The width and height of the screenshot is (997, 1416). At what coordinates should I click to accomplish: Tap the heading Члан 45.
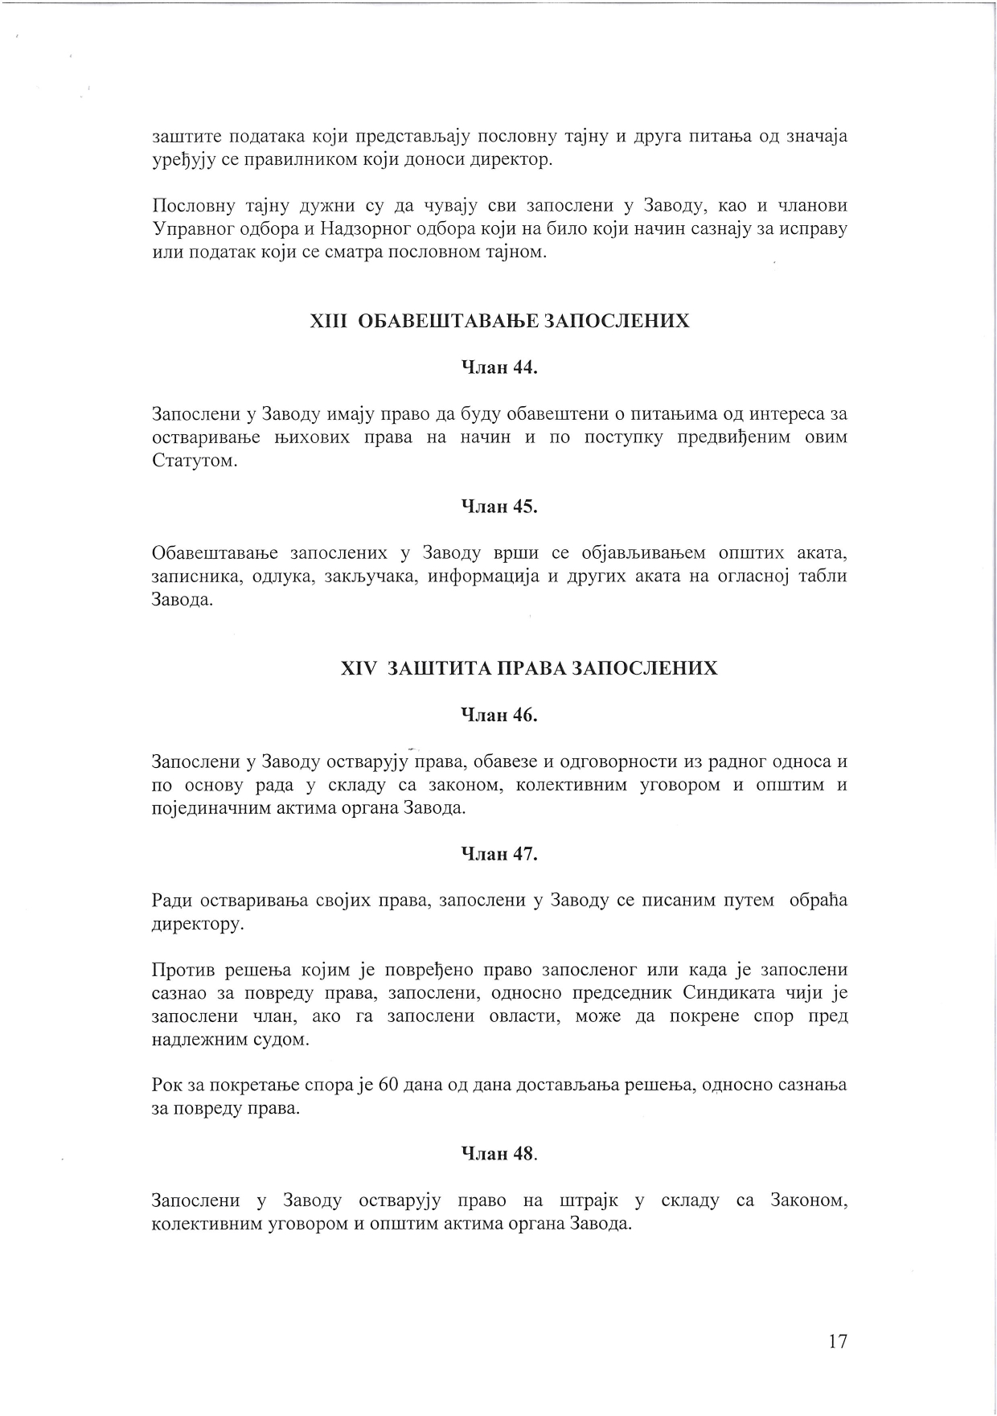pyautogui.click(x=498, y=507)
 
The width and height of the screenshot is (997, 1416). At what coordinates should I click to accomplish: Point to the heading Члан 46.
pyautogui.click(x=498, y=715)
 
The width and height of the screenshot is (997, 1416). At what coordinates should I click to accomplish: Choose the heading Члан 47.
pyautogui.click(x=498, y=854)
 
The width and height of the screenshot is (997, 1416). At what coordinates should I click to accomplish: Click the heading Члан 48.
pyautogui.click(x=498, y=1154)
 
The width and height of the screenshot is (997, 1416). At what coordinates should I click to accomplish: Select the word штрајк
pyautogui.click(x=588, y=1201)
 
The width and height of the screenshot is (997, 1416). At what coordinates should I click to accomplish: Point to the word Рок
pyautogui.click(x=167, y=1086)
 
